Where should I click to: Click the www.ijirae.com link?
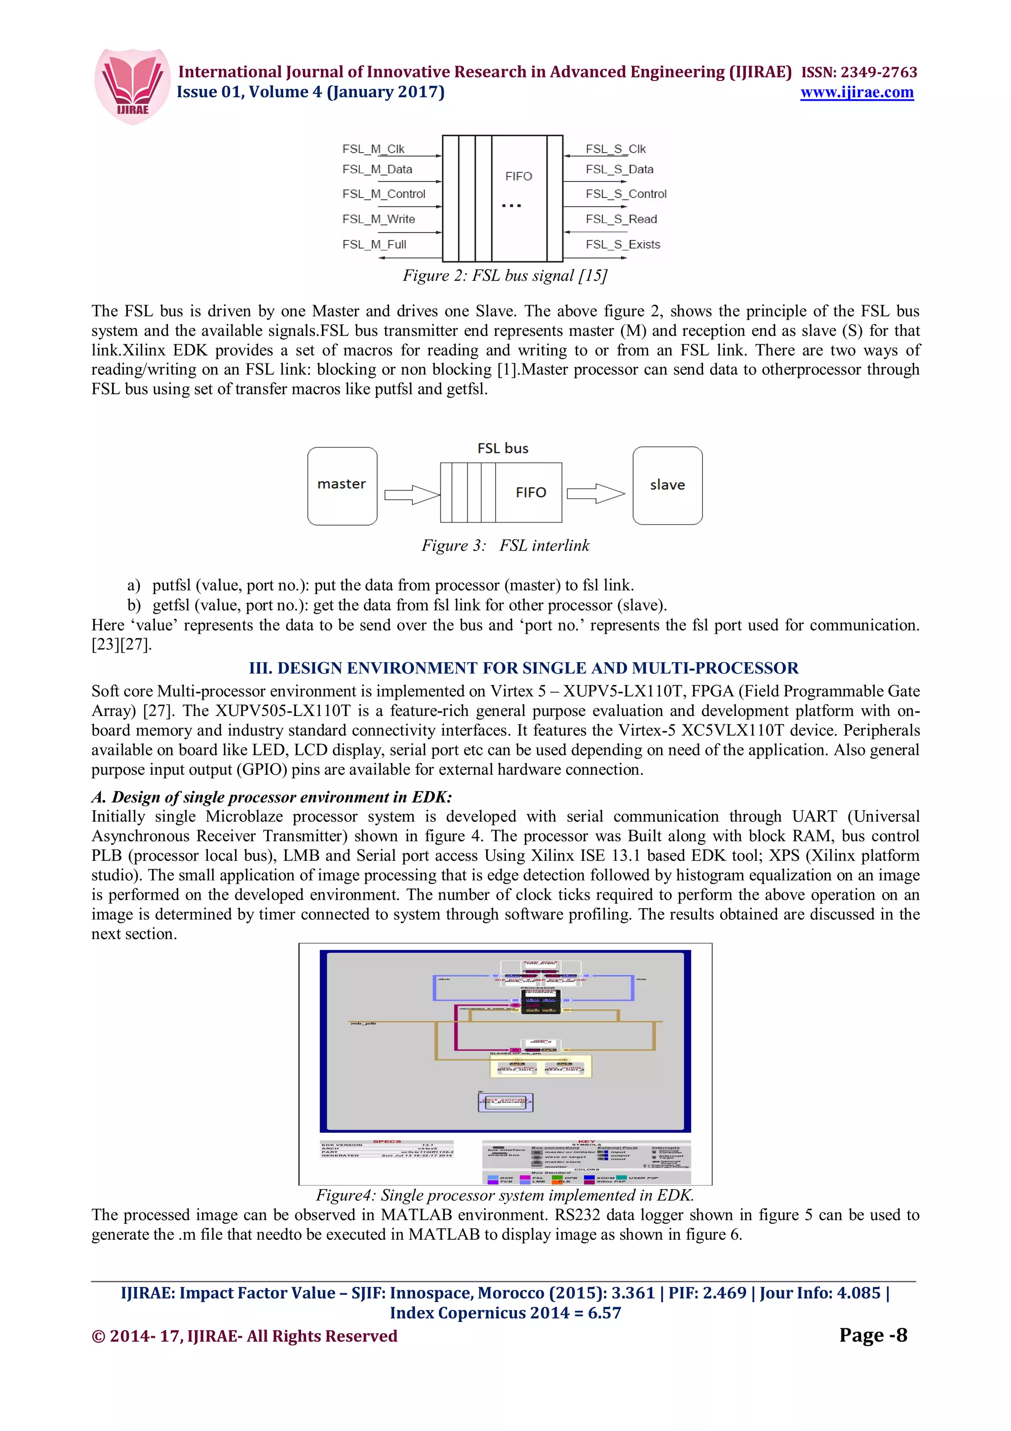click(856, 92)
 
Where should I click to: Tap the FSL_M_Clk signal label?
click(373, 149)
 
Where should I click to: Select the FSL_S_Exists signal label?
click(622, 244)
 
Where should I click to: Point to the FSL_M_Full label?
click(374, 244)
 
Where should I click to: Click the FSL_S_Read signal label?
click(621, 219)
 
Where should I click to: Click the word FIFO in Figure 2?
click(518, 176)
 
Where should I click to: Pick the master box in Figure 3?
click(342, 485)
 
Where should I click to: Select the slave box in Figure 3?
click(667, 485)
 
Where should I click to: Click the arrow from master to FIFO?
click(412, 495)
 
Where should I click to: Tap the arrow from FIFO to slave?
click(595, 494)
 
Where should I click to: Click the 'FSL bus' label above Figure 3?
click(503, 448)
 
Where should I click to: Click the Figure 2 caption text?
click(505, 276)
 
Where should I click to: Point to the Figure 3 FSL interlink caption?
click(505, 545)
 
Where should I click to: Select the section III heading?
click(523, 668)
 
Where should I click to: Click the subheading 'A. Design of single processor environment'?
click(272, 797)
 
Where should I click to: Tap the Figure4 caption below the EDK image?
click(505, 1195)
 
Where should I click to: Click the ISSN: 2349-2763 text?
click(859, 72)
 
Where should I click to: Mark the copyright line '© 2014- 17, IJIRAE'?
click(244, 1336)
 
